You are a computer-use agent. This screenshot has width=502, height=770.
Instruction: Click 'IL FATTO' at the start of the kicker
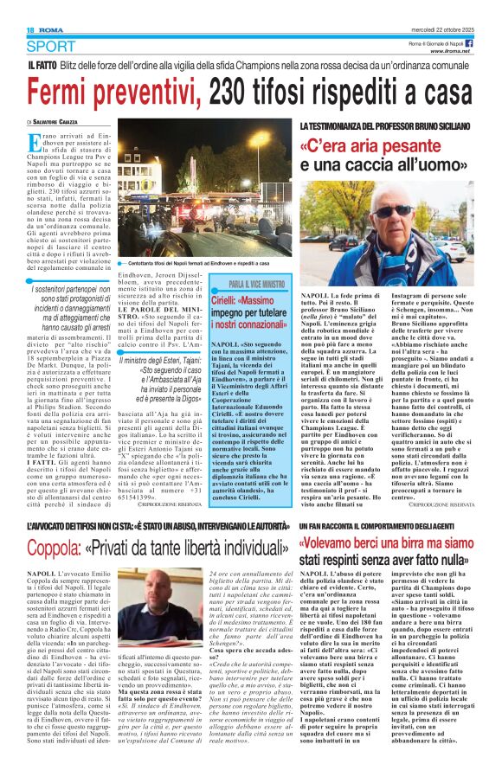tap(43, 66)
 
